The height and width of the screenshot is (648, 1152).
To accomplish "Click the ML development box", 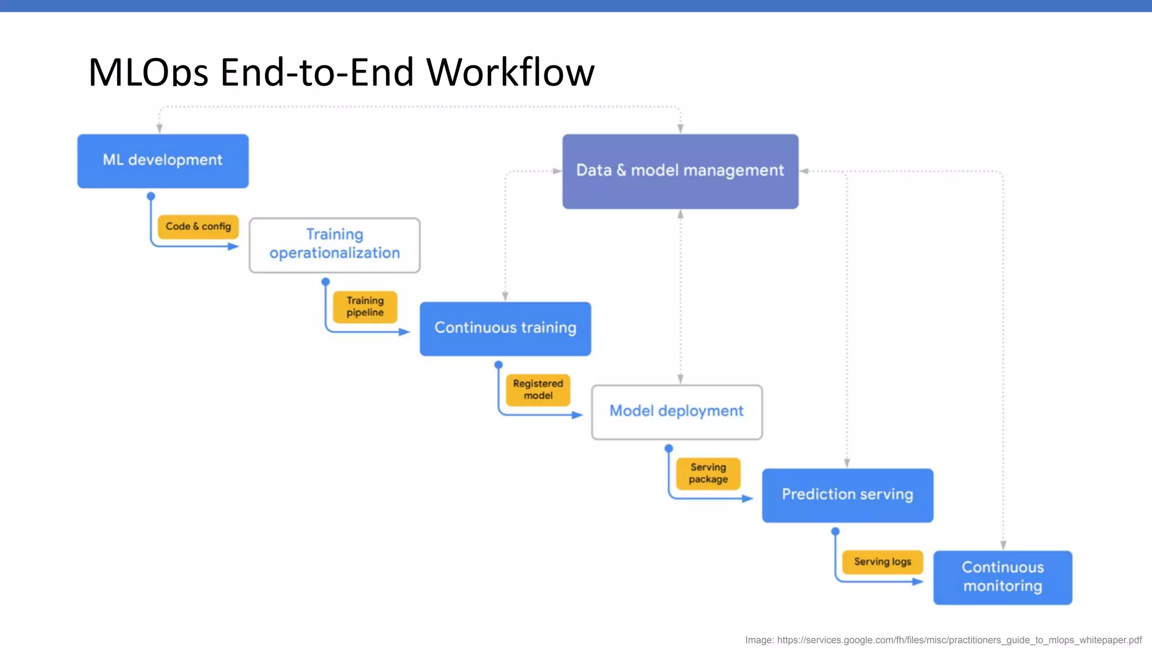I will (x=163, y=161).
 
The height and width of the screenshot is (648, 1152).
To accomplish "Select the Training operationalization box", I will (x=335, y=245).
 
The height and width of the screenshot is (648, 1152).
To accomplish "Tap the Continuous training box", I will (x=505, y=328).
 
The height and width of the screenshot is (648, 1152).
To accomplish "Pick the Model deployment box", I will (x=677, y=412).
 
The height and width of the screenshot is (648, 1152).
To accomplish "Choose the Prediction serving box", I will (x=847, y=495).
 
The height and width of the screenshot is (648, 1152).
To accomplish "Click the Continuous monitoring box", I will (x=1002, y=577).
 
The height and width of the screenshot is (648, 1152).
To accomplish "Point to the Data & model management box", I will (x=680, y=171).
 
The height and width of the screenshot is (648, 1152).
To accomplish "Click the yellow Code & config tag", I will (x=198, y=227).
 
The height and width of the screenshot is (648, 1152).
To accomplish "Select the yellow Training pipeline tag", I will (x=365, y=307).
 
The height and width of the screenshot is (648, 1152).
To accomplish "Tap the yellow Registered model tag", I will (x=538, y=390).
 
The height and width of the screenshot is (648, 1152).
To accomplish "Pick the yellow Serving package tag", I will (x=708, y=474).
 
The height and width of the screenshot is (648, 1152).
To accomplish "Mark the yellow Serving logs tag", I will (x=882, y=562).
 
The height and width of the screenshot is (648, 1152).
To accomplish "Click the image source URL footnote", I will (x=943, y=640).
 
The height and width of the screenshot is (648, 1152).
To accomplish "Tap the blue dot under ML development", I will (x=151, y=196).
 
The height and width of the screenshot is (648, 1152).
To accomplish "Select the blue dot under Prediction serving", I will (x=835, y=532).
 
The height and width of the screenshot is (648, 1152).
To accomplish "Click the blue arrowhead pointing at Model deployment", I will (x=577, y=415).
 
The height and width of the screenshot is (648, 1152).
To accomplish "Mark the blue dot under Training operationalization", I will (x=326, y=281).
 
